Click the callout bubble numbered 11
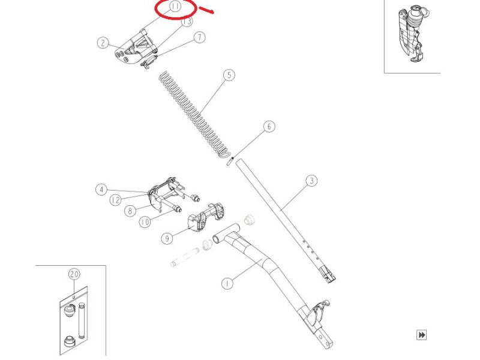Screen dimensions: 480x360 tap(175, 7)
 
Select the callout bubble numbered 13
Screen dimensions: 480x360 tap(187, 21)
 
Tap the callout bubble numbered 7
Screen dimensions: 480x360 tap(200, 37)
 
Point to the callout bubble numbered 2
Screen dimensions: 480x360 tap(103, 43)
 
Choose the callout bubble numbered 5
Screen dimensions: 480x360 tap(229, 74)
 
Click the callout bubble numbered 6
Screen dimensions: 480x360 tap(269, 127)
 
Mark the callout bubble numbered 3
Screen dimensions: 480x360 tap(311, 181)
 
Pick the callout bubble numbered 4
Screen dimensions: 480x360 tap(101, 190)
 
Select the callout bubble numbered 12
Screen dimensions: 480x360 tap(115, 200)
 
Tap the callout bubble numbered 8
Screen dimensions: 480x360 tap(130, 211)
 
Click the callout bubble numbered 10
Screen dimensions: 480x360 tap(145, 222)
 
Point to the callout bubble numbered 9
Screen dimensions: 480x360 tap(167, 238)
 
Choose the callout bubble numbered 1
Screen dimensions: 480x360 tap(227, 283)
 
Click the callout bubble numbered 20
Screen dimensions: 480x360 tap(74, 274)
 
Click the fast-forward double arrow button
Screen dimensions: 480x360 tap(422, 335)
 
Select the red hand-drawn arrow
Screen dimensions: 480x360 tap(206, 10)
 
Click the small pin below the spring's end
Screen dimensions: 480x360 tap(230, 161)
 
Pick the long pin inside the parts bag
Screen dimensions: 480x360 tap(82, 320)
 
